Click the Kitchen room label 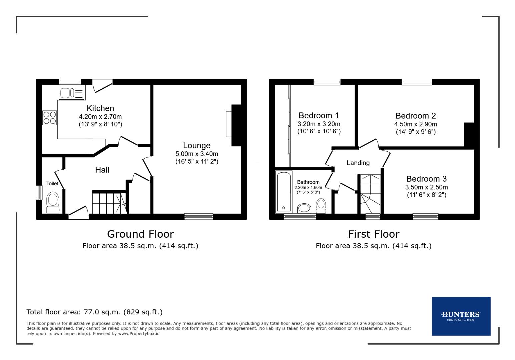[100, 108]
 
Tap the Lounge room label [197, 146]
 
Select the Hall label [102, 170]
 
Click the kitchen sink [72, 92]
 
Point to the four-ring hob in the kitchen [49, 117]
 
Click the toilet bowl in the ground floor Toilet [53, 201]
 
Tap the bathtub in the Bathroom [284, 192]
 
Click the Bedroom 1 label [319, 116]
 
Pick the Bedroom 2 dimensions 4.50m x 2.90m [416, 124]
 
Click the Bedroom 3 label [426, 179]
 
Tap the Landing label [358, 163]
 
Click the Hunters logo [461, 316]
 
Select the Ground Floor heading [140, 234]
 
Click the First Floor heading [374, 234]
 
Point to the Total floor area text [95, 312]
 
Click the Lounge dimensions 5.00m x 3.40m [197, 154]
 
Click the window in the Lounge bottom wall [199, 216]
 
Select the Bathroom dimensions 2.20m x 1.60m [308, 188]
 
